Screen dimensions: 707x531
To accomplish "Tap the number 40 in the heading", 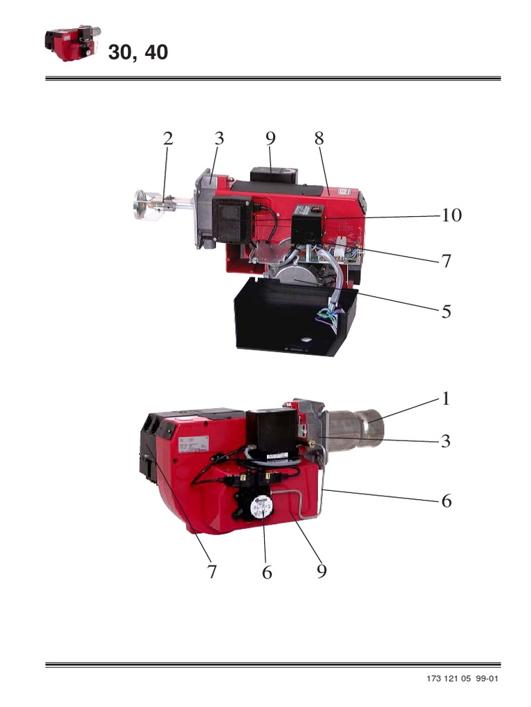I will (156, 52).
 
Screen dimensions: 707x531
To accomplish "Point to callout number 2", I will (167, 138).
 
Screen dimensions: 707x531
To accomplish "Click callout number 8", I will (319, 138).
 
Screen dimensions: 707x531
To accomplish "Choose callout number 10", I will (451, 215).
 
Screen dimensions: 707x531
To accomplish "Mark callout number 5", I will (447, 311).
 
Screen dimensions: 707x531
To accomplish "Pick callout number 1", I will (446, 398).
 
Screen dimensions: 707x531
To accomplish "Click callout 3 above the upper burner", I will (219, 138).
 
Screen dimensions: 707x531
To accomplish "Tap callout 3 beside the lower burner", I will (446, 441).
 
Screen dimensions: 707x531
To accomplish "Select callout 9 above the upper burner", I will (270, 138).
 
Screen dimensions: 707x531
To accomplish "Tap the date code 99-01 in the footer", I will (486, 679).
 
